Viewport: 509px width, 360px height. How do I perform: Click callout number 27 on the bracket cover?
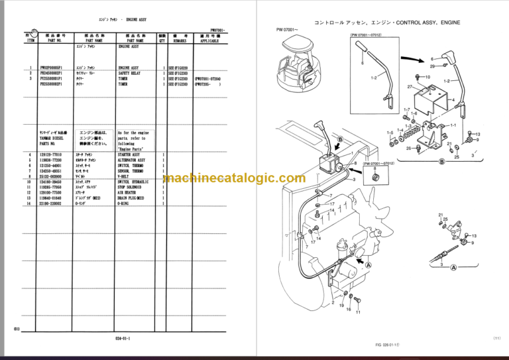click(411, 87)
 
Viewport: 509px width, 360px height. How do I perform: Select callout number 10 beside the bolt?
click(427, 77)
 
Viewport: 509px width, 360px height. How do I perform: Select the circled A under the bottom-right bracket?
click(454, 268)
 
